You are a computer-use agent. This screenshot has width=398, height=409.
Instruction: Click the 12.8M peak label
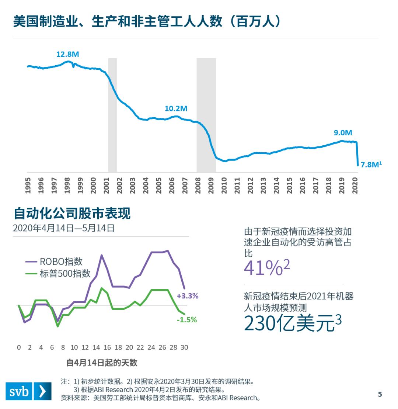click(67, 54)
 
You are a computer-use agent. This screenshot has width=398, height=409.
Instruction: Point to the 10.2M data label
click(176, 108)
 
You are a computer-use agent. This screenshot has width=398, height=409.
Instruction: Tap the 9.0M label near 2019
click(343, 133)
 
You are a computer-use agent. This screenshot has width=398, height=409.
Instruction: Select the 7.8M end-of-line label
click(371, 164)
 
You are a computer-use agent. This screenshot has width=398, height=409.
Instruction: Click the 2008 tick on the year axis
click(198, 185)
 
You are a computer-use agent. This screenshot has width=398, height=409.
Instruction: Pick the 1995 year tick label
click(28, 185)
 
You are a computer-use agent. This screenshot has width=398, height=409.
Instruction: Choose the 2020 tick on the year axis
click(356, 185)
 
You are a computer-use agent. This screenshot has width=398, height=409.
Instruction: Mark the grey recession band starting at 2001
click(112, 114)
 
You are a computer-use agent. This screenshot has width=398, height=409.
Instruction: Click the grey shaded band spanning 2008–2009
click(206, 114)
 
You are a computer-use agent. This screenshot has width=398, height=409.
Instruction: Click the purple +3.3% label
click(188, 296)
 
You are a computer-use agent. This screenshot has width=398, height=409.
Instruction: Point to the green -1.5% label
click(186, 320)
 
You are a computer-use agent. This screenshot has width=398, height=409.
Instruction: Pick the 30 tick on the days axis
click(184, 347)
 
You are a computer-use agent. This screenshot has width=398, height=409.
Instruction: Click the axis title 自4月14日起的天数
click(102, 363)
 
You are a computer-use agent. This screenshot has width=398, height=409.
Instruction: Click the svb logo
click(28, 391)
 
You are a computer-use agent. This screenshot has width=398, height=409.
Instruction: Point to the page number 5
click(380, 394)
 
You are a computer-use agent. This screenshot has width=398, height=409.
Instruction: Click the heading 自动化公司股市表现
click(72, 213)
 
